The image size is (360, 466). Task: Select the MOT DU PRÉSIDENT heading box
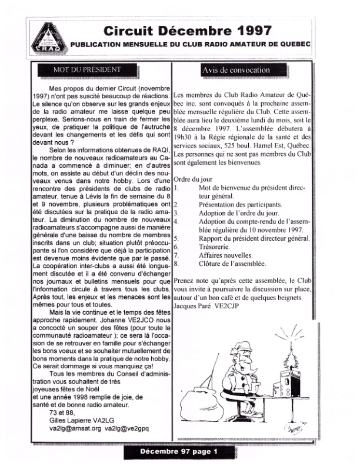pyautogui.click(x=83, y=70)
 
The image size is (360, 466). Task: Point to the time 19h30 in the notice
pyautogui.click(x=186, y=136)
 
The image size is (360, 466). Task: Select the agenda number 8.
pyautogui.click(x=178, y=264)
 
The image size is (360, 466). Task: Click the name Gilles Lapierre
pyautogui.click(x=71, y=420)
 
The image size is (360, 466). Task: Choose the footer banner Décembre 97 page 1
pyautogui.click(x=179, y=451)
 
